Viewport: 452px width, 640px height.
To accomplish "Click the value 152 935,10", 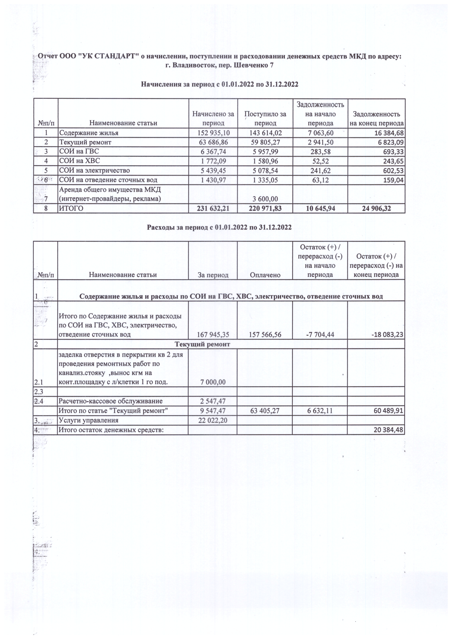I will pyautogui.click(x=213, y=133).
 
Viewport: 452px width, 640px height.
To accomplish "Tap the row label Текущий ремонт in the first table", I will pyautogui.click(x=85, y=143).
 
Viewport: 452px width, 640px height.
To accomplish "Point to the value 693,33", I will pyautogui.click(x=393, y=152).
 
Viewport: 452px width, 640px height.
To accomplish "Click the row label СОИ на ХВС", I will pyautogui.click(x=79, y=161).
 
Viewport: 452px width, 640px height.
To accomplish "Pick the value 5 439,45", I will pyautogui.click(x=213, y=171).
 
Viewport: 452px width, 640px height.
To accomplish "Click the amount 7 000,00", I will pyautogui.click(x=213, y=382).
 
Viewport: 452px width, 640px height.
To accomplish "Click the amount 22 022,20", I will pyautogui.click(x=213, y=420).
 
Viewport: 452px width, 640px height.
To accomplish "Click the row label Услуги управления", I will pyautogui.click(x=89, y=420).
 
